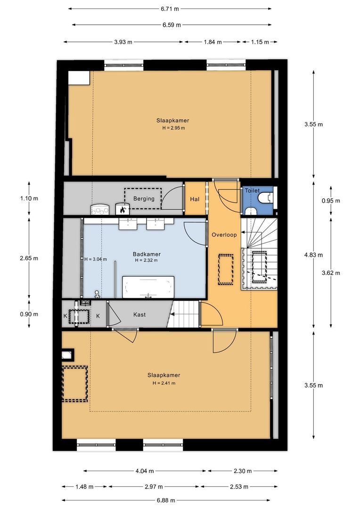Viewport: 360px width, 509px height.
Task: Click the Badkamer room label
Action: coord(147,254)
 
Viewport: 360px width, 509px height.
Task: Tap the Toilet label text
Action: coord(252,190)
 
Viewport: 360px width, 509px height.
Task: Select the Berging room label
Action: coord(144,199)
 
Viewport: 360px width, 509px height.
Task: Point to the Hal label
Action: coord(195,199)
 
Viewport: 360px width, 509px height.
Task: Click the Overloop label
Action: coord(224,235)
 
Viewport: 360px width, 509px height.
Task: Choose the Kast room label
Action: coord(139,314)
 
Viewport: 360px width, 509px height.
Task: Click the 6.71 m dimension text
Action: coord(170,9)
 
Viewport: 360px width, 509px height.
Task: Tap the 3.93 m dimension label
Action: coord(123,42)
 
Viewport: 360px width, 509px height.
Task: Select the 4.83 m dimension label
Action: coord(313,255)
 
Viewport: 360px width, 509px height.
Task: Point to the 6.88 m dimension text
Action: coord(166,500)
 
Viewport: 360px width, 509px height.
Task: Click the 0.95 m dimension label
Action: coord(331,201)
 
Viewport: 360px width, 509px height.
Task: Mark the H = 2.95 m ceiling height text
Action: coord(174,128)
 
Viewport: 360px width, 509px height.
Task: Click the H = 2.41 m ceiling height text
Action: coord(164,383)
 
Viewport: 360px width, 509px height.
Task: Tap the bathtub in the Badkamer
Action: coord(148,287)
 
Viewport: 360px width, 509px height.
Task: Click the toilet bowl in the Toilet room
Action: coord(269,197)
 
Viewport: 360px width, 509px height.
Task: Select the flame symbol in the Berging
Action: coord(123,210)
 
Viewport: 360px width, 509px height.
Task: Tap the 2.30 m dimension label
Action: coord(243,471)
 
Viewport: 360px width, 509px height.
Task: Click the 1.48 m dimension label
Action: coord(84,486)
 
